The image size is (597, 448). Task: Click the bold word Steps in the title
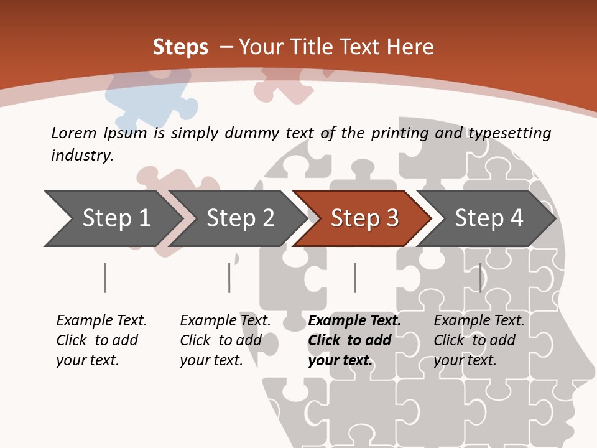pos(180,47)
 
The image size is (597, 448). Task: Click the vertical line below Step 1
pos(104,278)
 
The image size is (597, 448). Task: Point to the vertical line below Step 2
pos(229,278)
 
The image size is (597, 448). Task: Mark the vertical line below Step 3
pos(354,278)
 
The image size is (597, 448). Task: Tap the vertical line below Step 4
pos(480,278)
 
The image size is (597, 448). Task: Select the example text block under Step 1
pos(101,340)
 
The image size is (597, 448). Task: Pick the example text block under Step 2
pos(225,340)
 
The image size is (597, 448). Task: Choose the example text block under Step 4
pos(479,340)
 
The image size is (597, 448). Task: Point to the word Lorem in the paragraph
pos(74,133)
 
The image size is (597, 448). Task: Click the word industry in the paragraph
pos(81,155)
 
